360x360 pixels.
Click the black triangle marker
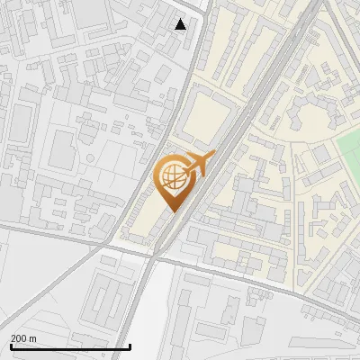pos(181,24)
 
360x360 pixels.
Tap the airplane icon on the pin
pos(198,165)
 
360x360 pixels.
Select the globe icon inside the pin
pos(172,179)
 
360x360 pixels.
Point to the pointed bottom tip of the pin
pos(173,213)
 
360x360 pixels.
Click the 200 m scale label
pos(23,338)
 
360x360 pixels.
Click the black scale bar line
pos(70,346)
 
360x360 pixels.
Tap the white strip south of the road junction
pos(148,306)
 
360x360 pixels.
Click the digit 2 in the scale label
pos(13,338)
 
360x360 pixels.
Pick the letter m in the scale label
pos(33,338)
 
